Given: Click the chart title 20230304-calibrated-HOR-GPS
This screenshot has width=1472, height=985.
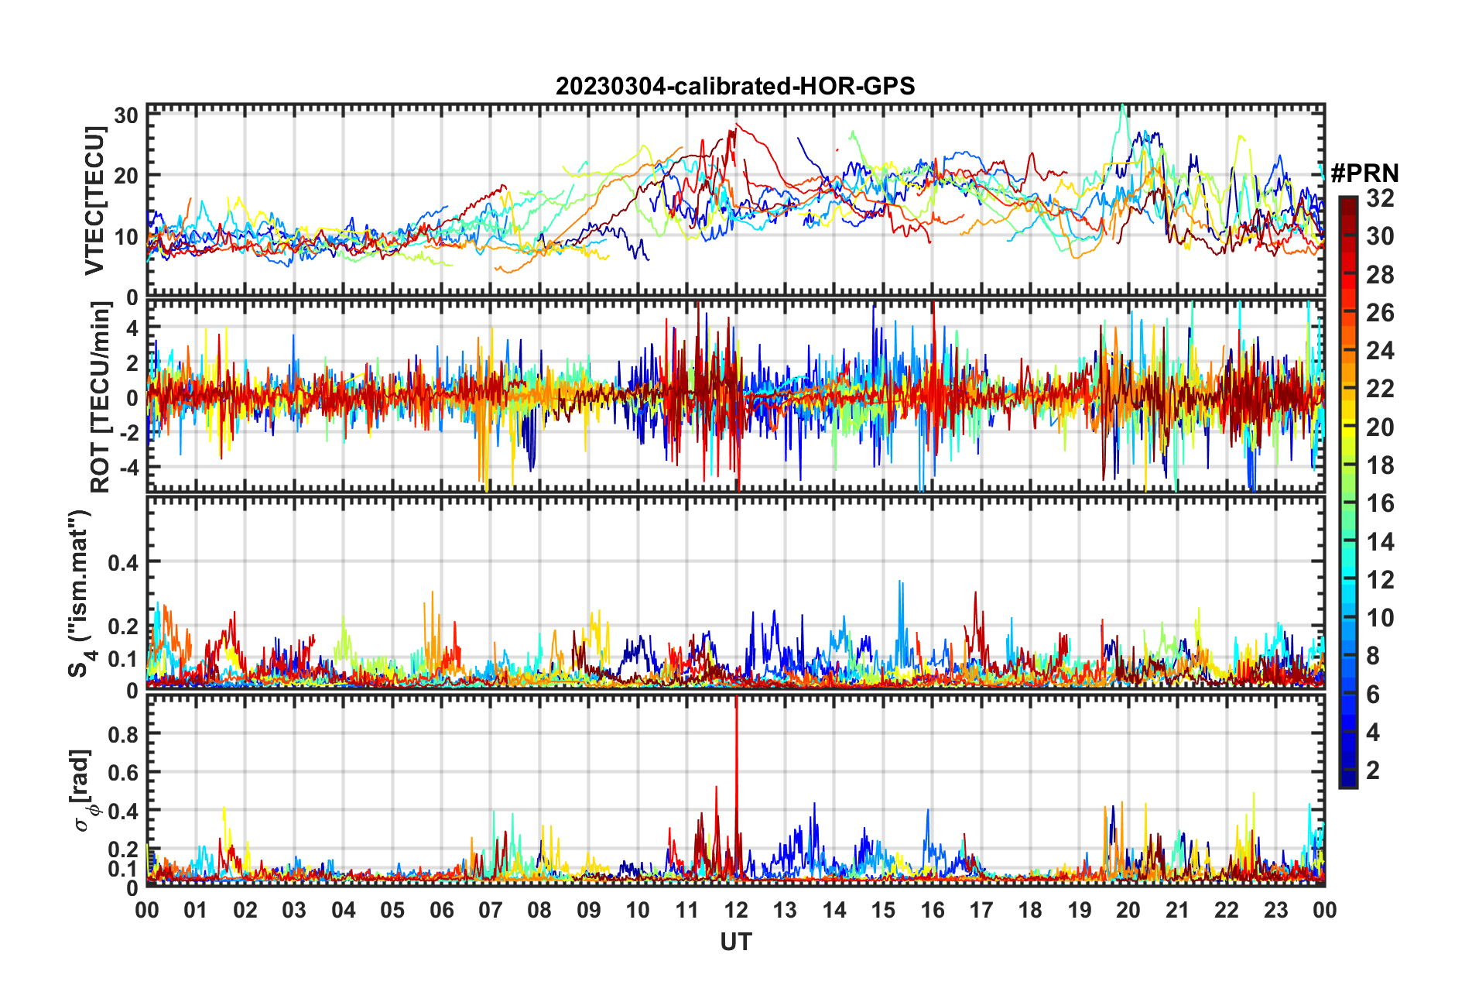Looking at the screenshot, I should pyautogui.click(x=735, y=86).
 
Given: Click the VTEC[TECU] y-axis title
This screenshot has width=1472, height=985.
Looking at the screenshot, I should pyautogui.click(x=94, y=201).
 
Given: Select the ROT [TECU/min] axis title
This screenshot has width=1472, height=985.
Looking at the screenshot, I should pyautogui.click(x=101, y=397).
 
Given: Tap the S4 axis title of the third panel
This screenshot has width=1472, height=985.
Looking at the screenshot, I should pyautogui.click(x=80, y=593).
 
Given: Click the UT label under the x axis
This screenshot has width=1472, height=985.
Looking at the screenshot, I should pyautogui.click(x=735, y=942).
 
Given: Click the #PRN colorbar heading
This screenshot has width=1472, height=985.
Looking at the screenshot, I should pyautogui.click(x=1364, y=173).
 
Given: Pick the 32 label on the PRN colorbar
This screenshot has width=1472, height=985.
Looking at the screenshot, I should pyautogui.click(x=1380, y=198).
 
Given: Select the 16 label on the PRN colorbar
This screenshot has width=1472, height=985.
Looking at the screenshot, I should pyautogui.click(x=1380, y=503).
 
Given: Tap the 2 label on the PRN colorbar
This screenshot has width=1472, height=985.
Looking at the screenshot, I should pyautogui.click(x=1373, y=770).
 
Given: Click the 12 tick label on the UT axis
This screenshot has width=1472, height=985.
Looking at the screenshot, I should pyautogui.click(x=736, y=910).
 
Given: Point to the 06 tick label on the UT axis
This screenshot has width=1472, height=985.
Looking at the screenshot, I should pyautogui.click(x=441, y=910).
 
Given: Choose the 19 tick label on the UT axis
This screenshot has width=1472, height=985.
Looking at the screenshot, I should pyautogui.click(x=1080, y=910).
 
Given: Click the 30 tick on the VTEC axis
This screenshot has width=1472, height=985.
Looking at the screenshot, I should pyautogui.click(x=126, y=116).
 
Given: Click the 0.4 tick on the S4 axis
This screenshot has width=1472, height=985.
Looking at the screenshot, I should pyautogui.click(x=123, y=562).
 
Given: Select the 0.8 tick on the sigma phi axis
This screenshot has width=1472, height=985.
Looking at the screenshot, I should pyautogui.click(x=123, y=734).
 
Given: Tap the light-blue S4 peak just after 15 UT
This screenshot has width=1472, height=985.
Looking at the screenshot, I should pyautogui.click(x=899, y=583).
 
